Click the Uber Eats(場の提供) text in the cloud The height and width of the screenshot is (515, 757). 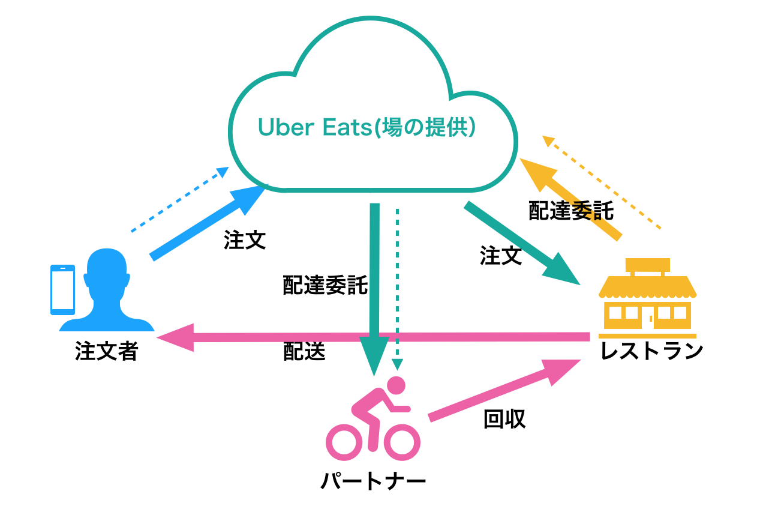point(367,127)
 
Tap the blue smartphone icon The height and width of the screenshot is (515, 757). point(62,290)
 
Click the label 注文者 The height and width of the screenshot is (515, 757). point(106,351)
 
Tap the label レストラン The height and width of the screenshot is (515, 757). point(651,351)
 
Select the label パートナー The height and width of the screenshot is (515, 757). point(373,481)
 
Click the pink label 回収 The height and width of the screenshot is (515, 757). point(504,420)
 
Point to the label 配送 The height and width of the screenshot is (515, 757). point(304,352)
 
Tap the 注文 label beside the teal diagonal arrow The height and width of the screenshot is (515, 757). point(500,256)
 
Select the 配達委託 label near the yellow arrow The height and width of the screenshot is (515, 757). point(571,211)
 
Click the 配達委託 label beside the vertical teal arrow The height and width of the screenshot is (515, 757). point(325,286)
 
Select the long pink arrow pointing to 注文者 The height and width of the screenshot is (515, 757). point(372,338)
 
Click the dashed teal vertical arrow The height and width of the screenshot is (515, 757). point(396,288)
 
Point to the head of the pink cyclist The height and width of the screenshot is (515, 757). point(396,385)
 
